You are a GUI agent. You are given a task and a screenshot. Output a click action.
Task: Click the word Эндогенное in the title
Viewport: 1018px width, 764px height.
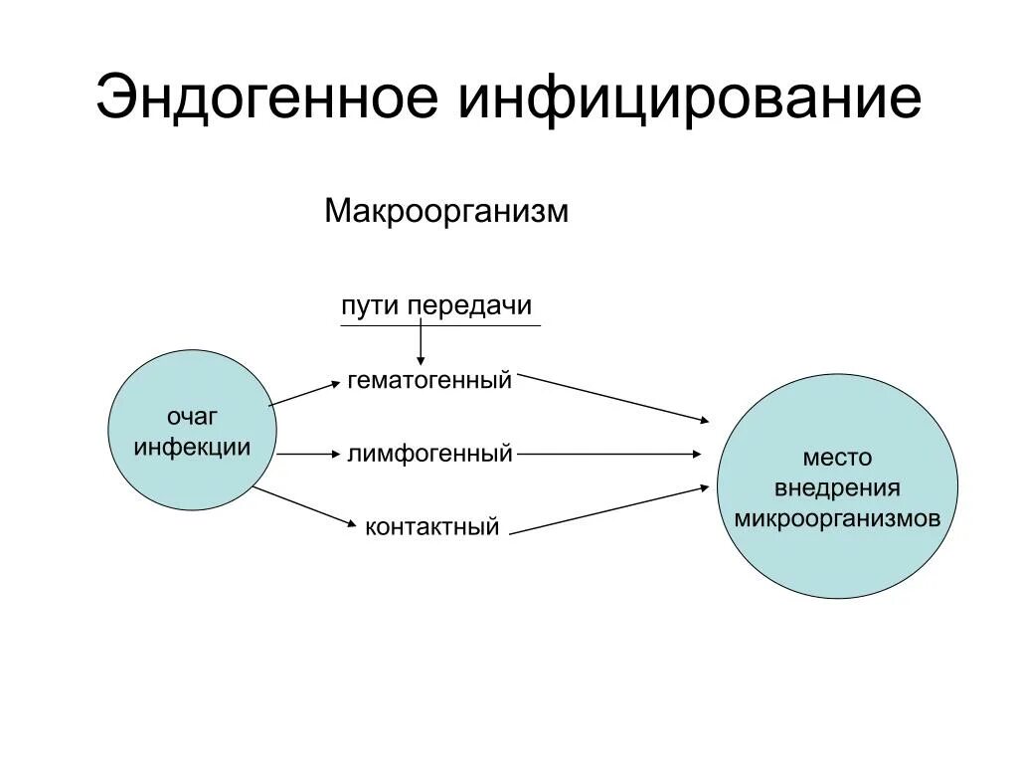pyautogui.click(x=266, y=97)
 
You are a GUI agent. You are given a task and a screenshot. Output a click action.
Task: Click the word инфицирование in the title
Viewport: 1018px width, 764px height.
pyautogui.click(x=689, y=97)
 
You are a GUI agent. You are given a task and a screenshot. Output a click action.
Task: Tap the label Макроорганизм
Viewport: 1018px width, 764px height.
pyautogui.click(x=446, y=212)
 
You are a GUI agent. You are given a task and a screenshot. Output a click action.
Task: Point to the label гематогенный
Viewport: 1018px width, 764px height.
pyautogui.click(x=429, y=380)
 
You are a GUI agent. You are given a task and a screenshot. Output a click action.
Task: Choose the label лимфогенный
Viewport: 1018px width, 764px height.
pyautogui.click(x=429, y=454)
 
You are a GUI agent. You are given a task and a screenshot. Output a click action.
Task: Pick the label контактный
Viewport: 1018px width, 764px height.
pyautogui.click(x=431, y=526)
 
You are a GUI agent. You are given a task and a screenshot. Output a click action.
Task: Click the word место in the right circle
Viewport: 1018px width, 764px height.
pyautogui.click(x=837, y=458)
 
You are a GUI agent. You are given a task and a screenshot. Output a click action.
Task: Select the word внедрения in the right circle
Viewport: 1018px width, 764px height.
pyautogui.click(x=837, y=488)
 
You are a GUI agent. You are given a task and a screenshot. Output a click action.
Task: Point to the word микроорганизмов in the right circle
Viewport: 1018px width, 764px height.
pyautogui.click(x=837, y=519)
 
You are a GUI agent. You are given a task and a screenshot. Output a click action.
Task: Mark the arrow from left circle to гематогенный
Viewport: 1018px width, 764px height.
pyautogui.click(x=304, y=393)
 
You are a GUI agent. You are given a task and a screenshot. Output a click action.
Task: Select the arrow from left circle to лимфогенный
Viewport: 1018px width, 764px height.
pyautogui.click(x=308, y=454)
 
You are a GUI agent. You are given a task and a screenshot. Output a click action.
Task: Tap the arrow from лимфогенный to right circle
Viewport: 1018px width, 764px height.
pyautogui.click(x=608, y=454)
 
